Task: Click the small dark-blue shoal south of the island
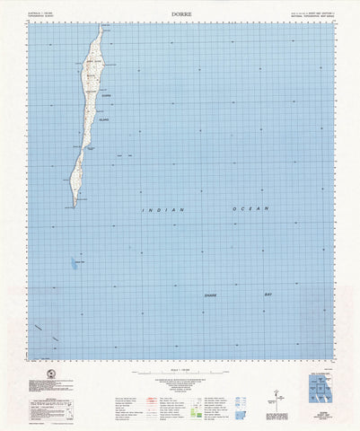click(70, 264)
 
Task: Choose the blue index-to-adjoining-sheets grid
click(318, 383)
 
